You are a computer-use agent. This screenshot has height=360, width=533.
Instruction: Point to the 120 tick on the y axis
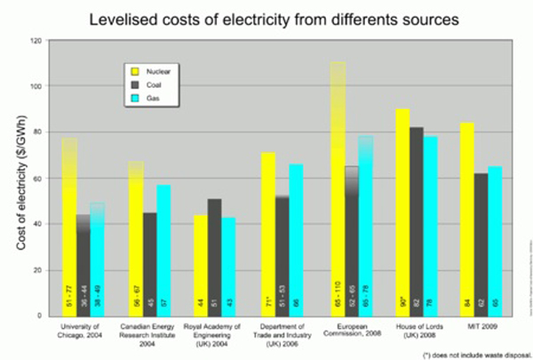[x=35, y=41]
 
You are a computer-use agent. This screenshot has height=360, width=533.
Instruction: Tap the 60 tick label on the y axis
[x=36, y=179]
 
